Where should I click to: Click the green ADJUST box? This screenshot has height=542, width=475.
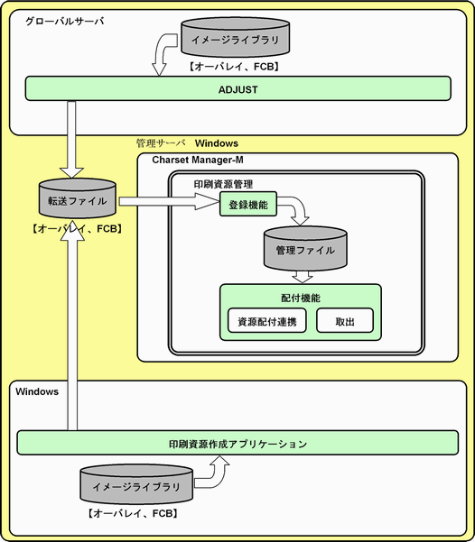(x=237, y=88)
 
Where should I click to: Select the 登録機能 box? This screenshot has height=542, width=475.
(x=248, y=204)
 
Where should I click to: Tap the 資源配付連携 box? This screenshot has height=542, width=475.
(x=267, y=320)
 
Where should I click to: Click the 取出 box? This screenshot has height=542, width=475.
(x=345, y=320)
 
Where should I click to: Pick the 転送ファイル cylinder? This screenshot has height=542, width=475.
(x=77, y=198)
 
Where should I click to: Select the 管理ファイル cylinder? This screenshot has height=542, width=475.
(x=305, y=248)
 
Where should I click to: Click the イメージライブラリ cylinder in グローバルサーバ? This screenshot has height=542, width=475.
(x=236, y=37)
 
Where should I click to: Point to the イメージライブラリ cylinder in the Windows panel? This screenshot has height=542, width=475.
(x=136, y=484)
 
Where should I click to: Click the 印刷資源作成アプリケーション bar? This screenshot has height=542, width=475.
(x=237, y=443)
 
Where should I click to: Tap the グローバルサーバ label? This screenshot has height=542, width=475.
(x=65, y=22)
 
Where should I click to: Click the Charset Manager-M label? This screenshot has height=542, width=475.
(x=198, y=160)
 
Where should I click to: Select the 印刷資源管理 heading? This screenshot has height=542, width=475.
(x=223, y=184)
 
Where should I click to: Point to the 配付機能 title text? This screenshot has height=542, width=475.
(x=301, y=298)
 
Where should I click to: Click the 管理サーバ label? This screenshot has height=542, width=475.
(x=161, y=143)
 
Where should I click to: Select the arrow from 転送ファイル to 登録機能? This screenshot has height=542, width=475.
(x=169, y=201)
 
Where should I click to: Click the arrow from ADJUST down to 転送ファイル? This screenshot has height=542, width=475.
(x=71, y=139)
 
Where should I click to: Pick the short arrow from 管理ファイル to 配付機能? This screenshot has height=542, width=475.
(x=303, y=277)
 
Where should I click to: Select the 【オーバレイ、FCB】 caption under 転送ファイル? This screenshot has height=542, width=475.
(x=77, y=228)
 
